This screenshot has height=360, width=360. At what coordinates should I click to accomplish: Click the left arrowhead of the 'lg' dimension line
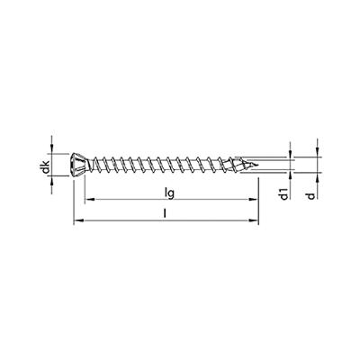tap(86, 201)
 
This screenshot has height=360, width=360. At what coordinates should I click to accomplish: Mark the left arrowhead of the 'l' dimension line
tap(76, 220)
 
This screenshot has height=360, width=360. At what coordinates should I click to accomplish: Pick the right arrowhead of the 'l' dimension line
tap(256, 220)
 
